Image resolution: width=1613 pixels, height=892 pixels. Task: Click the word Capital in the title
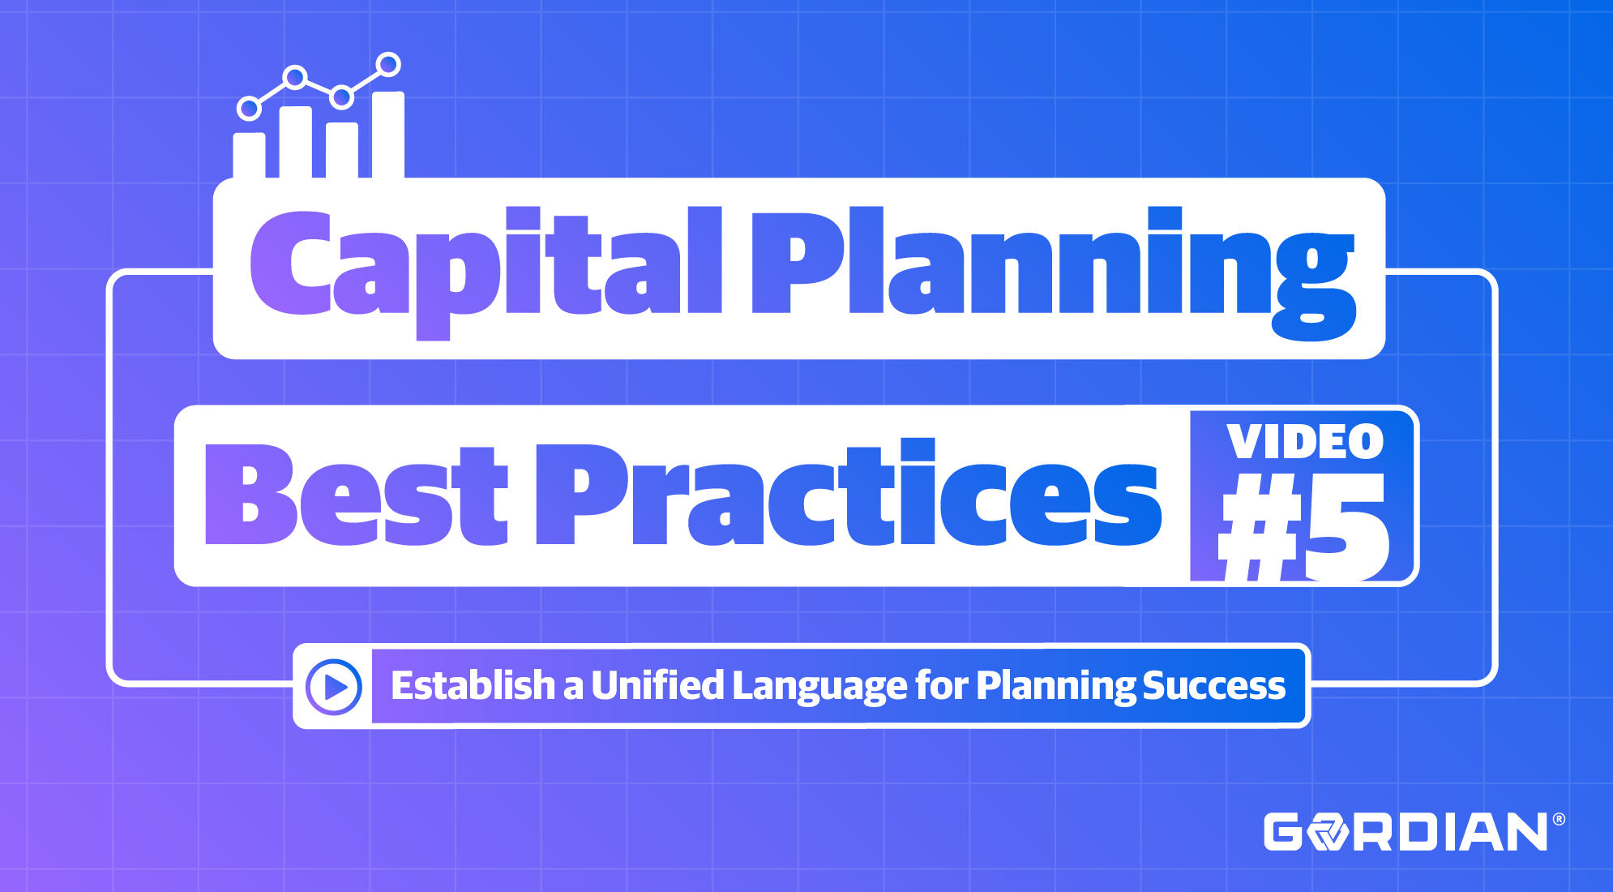485,264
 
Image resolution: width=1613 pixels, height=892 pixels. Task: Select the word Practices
847,495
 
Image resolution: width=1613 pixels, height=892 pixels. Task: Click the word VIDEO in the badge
1304,442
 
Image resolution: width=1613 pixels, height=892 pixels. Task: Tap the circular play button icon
333,687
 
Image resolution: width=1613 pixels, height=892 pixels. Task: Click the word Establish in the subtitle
473,686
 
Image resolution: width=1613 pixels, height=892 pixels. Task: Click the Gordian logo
1405,832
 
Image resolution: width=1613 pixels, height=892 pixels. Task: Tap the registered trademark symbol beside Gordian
1558,820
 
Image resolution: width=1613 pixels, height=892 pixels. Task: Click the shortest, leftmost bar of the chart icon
249,155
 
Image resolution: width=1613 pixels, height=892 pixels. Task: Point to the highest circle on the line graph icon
389,64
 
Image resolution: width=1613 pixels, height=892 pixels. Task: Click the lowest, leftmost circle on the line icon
249,108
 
